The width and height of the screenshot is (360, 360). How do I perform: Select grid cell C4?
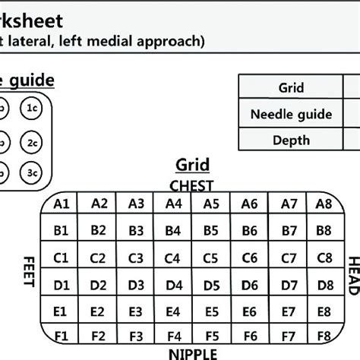pyautogui.click(x=174, y=257)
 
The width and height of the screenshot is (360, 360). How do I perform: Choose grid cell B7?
pyautogui.click(x=289, y=229)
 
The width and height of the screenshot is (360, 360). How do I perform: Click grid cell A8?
pyautogui.click(x=324, y=203)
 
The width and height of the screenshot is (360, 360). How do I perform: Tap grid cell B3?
pyautogui.click(x=136, y=229)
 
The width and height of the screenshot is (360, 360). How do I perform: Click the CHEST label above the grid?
pyautogui.click(x=191, y=185)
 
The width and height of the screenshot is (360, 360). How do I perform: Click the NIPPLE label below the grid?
pyautogui.click(x=191, y=353)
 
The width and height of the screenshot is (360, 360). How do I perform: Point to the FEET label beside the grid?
pyautogui.click(x=30, y=271)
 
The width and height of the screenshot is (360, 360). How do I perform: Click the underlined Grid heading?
pyautogui.click(x=192, y=165)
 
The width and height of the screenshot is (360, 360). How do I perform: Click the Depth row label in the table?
pyautogui.click(x=291, y=140)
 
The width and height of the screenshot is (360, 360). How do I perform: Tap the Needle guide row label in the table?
pyautogui.click(x=291, y=114)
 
